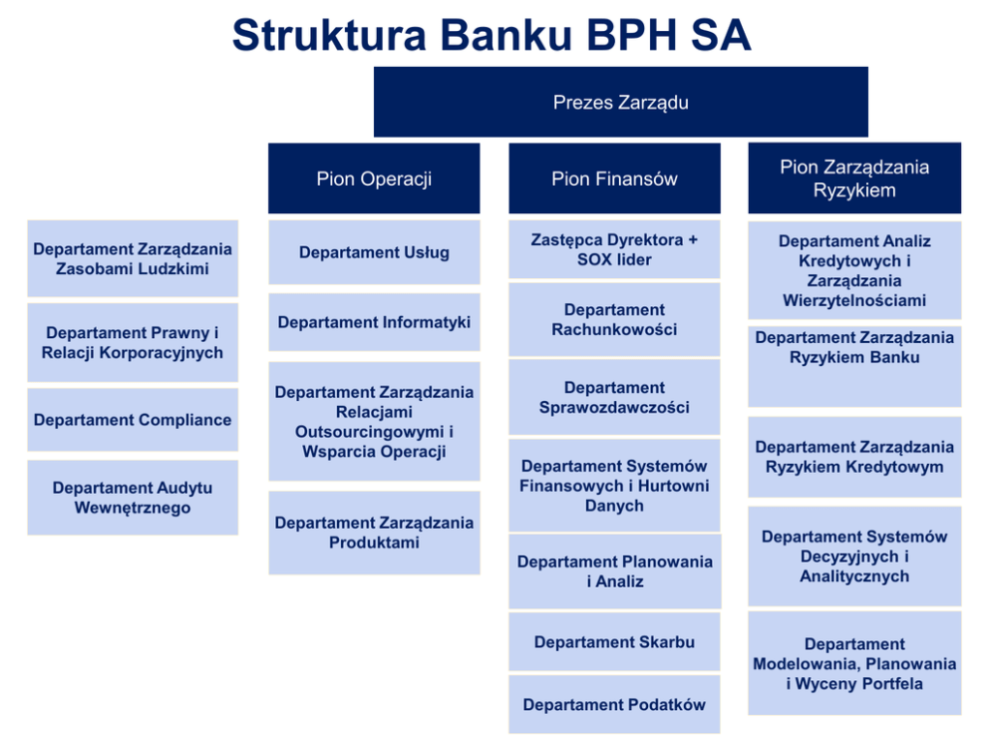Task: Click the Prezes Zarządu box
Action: (x=621, y=102)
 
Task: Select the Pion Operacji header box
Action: (x=374, y=179)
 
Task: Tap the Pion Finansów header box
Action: (x=614, y=179)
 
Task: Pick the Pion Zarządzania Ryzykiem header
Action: (x=854, y=178)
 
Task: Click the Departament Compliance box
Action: (x=133, y=420)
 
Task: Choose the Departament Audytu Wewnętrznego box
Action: (x=133, y=498)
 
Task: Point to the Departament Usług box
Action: (x=374, y=252)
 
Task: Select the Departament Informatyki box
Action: (x=374, y=322)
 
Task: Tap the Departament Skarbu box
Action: (x=614, y=641)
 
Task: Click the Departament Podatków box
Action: (x=614, y=705)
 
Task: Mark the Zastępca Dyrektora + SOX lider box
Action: (x=614, y=249)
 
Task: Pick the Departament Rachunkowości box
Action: (x=614, y=319)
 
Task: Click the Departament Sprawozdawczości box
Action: (x=614, y=398)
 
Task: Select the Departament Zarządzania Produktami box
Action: (x=374, y=534)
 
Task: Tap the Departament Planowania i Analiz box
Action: (x=615, y=571)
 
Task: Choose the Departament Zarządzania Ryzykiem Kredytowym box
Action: (x=854, y=457)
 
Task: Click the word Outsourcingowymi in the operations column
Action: (x=370, y=432)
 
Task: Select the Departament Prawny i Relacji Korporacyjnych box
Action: (x=133, y=343)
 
